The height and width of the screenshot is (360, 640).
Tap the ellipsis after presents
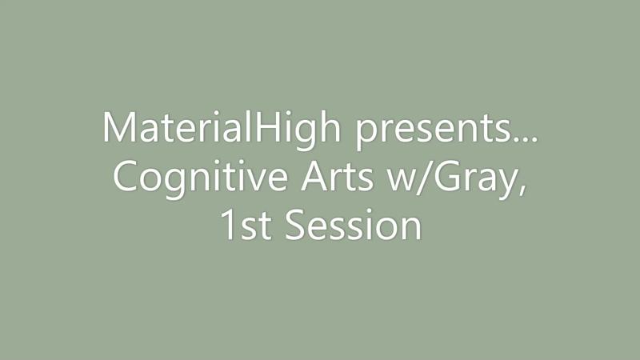[525, 138]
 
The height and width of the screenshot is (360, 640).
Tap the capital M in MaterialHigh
[121, 126]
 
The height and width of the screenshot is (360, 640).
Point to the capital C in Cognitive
[126, 176]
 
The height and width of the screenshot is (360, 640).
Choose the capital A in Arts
[314, 176]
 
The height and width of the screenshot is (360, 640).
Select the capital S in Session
[294, 225]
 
